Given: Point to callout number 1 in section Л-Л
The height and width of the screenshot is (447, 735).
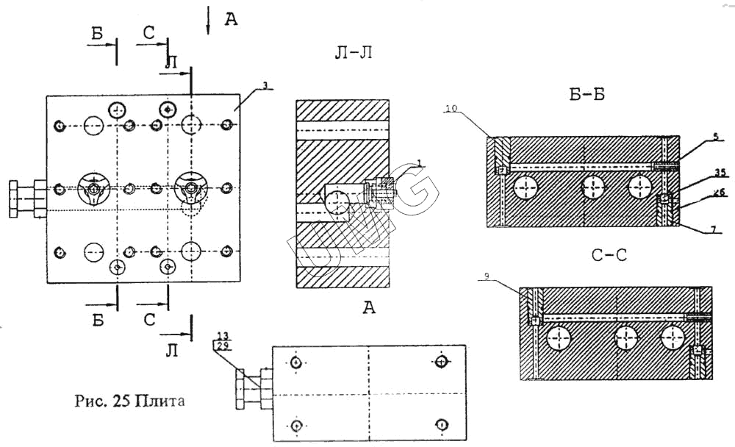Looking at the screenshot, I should (417, 162).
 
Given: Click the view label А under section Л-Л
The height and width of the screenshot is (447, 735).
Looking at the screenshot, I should (369, 307).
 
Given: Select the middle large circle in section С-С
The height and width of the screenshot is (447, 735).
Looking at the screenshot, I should (625, 339).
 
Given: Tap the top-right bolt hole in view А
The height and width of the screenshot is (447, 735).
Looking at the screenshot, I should (440, 362).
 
